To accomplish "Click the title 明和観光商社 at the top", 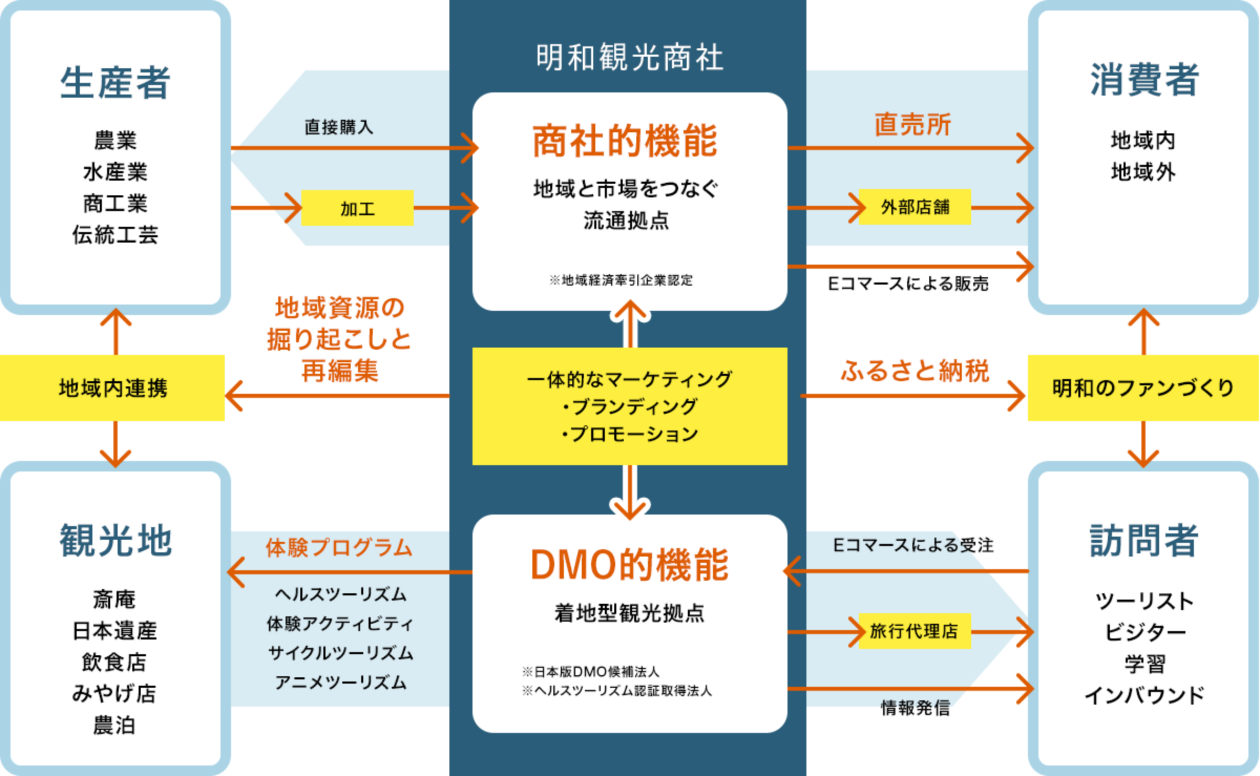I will tap(629, 57).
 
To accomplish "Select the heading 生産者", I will tap(115, 83).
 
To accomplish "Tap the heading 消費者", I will tap(1144, 80).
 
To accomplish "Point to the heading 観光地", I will tap(115, 540).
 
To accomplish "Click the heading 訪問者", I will tap(1144, 540).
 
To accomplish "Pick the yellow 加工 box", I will tap(357, 208).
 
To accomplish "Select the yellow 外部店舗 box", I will tap(915, 207).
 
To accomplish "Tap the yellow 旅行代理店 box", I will tap(914, 631).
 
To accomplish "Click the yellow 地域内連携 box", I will tap(112, 388).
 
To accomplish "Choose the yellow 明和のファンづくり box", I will tap(1143, 388).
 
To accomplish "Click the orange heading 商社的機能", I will tap(625, 141).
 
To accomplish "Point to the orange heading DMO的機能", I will tap(629, 565).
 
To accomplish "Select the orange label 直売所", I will tap(912, 125).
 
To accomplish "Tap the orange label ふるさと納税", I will tap(915, 371).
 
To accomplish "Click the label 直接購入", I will tap(339, 127).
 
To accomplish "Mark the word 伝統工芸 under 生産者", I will tap(115, 235).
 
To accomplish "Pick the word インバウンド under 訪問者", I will tap(1144, 695).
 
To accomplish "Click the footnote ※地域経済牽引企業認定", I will tap(621, 280).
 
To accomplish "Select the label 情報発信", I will tap(915, 708).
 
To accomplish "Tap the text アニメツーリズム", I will tap(341, 682).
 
